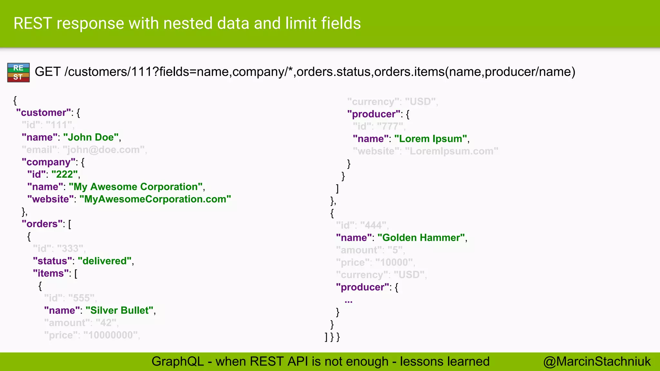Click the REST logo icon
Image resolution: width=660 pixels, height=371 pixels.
[x=18, y=72]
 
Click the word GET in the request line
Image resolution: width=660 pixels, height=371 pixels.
[x=47, y=71]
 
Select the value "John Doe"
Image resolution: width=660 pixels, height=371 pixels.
[x=91, y=138]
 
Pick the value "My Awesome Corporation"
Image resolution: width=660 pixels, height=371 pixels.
[x=136, y=187]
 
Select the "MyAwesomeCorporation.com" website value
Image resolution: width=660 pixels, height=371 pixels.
[x=155, y=199]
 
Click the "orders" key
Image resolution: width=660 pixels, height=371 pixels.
[x=42, y=224]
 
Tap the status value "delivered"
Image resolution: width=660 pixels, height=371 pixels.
[x=105, y=261]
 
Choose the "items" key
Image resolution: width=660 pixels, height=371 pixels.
[x=51, y=273]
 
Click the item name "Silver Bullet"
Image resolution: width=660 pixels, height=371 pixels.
[x=120, y=310]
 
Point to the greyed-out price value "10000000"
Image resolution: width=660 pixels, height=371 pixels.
[x=111, y=335]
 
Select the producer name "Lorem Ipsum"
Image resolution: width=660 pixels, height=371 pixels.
[x=431, y=139]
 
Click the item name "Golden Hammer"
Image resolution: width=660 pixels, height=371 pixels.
[x=421, y=238]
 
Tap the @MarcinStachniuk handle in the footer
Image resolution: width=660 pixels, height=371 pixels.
[x=597, y=362]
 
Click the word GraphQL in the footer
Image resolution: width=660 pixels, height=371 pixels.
[x=178, y=362]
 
